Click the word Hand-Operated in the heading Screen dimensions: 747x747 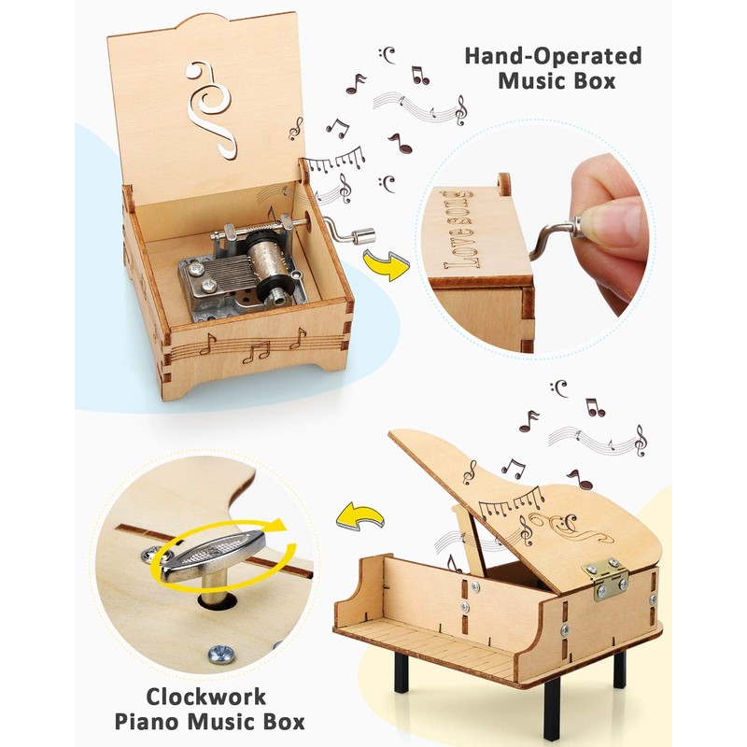click(554, 56)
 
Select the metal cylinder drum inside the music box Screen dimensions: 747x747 click(265, 262)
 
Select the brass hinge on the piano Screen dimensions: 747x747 click(606, 579)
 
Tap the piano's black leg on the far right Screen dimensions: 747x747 click(619, 669)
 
